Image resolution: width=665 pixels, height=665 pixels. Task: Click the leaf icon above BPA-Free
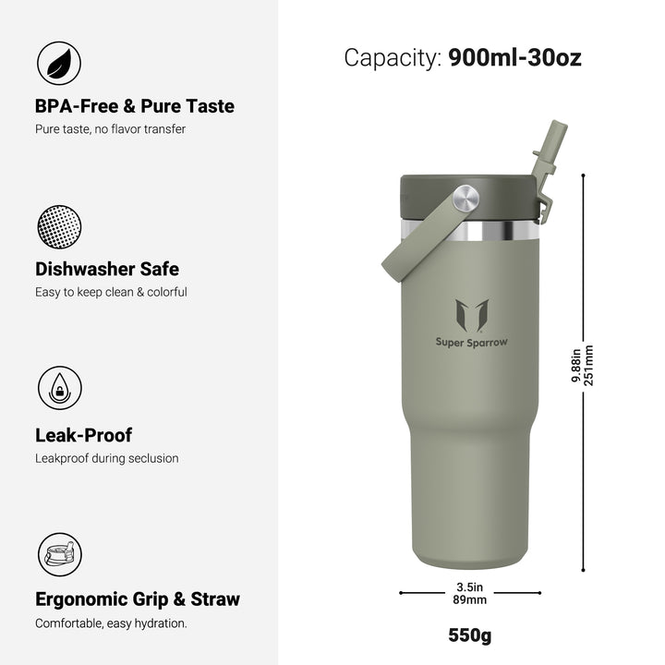(59, 63)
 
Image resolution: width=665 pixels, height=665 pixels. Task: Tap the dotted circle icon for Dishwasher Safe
(59, 227)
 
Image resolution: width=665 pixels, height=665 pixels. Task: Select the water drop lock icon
(60, 388)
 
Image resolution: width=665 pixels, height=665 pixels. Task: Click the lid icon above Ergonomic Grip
(60, 554)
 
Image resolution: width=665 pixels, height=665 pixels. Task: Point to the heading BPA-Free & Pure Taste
(135, 106)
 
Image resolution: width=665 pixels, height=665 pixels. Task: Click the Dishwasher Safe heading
(107, 270)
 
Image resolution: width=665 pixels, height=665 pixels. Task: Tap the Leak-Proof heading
(83, 435)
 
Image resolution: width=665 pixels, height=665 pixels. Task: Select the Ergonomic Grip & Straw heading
(138, 599)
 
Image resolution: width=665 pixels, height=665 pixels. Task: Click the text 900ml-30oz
(514, 57)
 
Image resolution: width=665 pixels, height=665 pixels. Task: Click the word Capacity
(393, 57)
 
